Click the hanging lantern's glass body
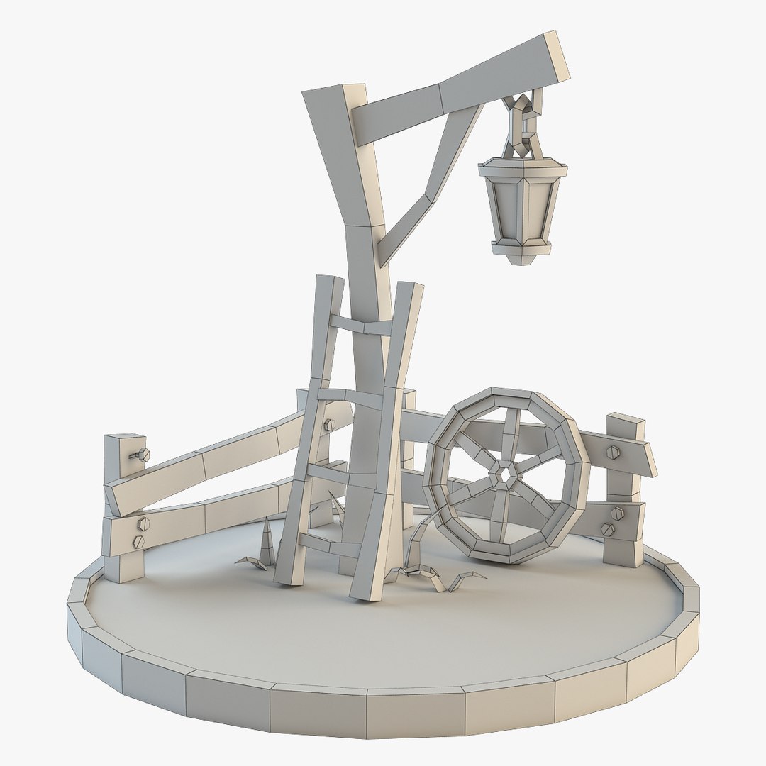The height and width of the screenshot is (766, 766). tap(523, 206)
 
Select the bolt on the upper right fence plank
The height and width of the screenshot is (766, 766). tap(613, 452)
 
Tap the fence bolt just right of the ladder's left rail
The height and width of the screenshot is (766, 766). tap(328, 425)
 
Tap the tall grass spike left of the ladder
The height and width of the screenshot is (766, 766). tap(267, 543)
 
